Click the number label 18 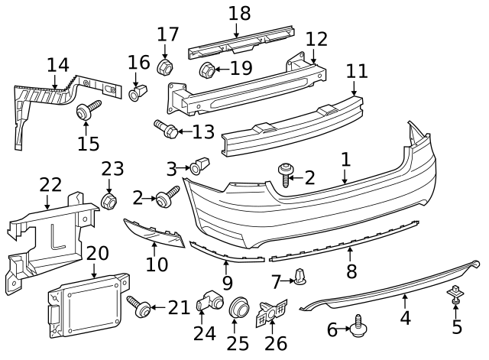pos(239,13)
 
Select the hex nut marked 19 pos(206,71)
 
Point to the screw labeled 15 pos(86,112)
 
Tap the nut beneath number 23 pos(109,201)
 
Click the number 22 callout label pos(50,185)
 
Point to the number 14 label pos(57,65)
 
